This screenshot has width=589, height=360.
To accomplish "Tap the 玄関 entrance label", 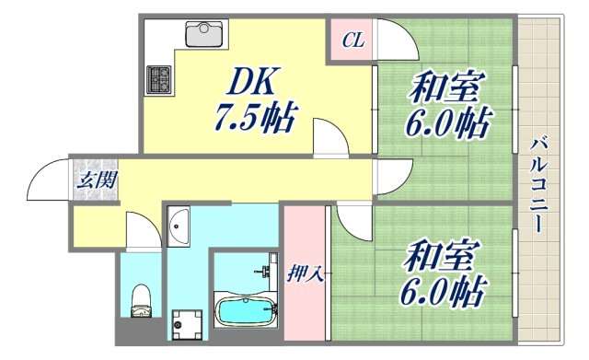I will (x=95, y=180).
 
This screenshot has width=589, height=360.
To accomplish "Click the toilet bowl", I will (x=141, y=298).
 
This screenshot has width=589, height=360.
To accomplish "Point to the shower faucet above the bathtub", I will (x=268, y=273).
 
